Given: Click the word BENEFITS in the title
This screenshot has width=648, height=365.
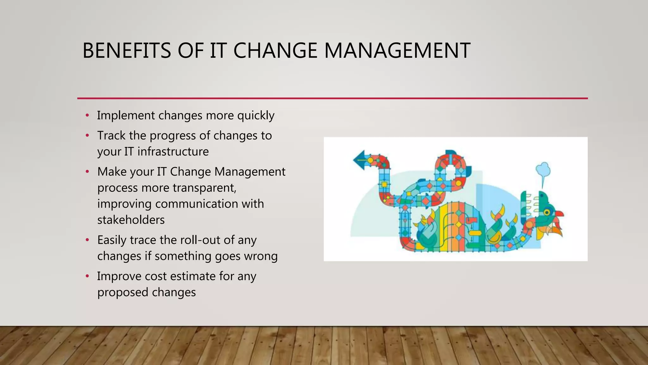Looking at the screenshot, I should [127, 51].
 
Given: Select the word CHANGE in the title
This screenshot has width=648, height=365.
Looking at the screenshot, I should [275, 51].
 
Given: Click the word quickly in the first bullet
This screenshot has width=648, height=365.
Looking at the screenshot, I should [256, 116].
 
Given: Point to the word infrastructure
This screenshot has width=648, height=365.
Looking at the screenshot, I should [173, 151].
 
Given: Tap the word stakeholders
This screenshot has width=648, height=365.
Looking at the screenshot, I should [131, 220].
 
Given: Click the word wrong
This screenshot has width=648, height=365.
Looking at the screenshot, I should [260, 256].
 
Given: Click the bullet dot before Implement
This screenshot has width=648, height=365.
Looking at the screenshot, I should [88, 115].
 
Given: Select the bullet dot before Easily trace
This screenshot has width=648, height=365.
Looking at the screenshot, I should [88, 240].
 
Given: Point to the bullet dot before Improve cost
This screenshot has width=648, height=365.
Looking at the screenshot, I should [88, 276].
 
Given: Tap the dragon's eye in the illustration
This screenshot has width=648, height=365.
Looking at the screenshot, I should [546, 212].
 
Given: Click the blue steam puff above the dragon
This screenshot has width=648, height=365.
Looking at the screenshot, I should [543, 170].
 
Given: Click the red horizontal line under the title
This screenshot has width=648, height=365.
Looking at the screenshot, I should [332, 99].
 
